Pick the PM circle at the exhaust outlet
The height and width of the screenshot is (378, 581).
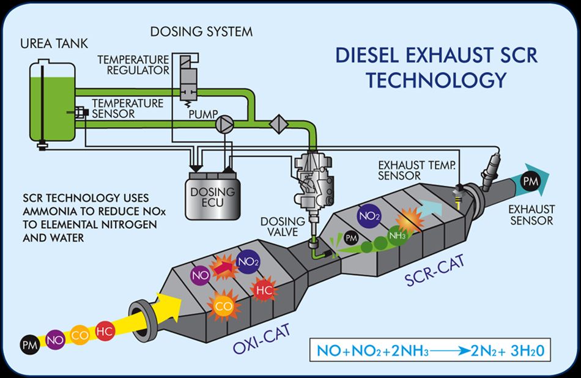(x=530, y=181)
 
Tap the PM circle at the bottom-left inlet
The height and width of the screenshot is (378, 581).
(x=29, y=345)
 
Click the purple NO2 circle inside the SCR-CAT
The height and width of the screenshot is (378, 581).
(x=369, y=215)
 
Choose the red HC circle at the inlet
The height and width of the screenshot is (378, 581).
(x=105, y=332)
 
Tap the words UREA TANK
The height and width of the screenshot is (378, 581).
(x=54, y=43)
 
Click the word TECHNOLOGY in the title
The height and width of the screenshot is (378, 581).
(x=436, y=80)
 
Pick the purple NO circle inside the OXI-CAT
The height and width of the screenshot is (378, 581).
(x=201, y=276)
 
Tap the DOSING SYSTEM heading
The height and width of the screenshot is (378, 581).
(x=201, y=32)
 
